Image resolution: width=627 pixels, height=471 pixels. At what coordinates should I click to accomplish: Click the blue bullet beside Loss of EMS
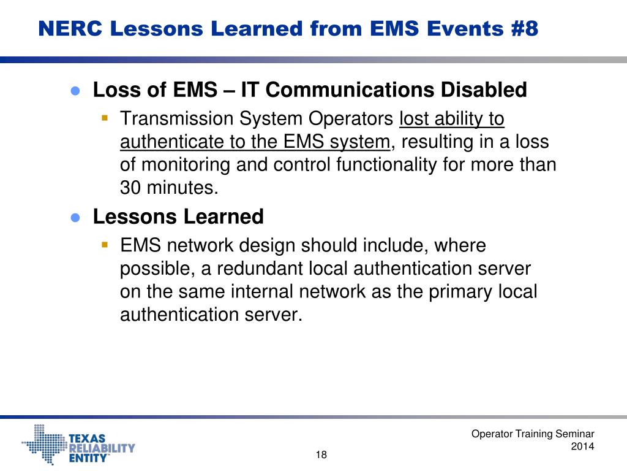(76, 91)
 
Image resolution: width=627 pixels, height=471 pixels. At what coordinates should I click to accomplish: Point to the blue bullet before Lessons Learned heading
(76, 217)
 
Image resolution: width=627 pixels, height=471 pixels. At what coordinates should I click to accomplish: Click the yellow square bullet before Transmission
(105, 117)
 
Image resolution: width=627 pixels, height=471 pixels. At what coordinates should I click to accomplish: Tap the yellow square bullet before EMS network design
(105, 244)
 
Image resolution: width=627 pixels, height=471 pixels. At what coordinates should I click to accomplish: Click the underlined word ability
(457, 118)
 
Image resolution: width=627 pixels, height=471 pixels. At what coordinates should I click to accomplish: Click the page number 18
(321, 454)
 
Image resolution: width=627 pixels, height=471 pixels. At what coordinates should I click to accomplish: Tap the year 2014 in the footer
(582, 447)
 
